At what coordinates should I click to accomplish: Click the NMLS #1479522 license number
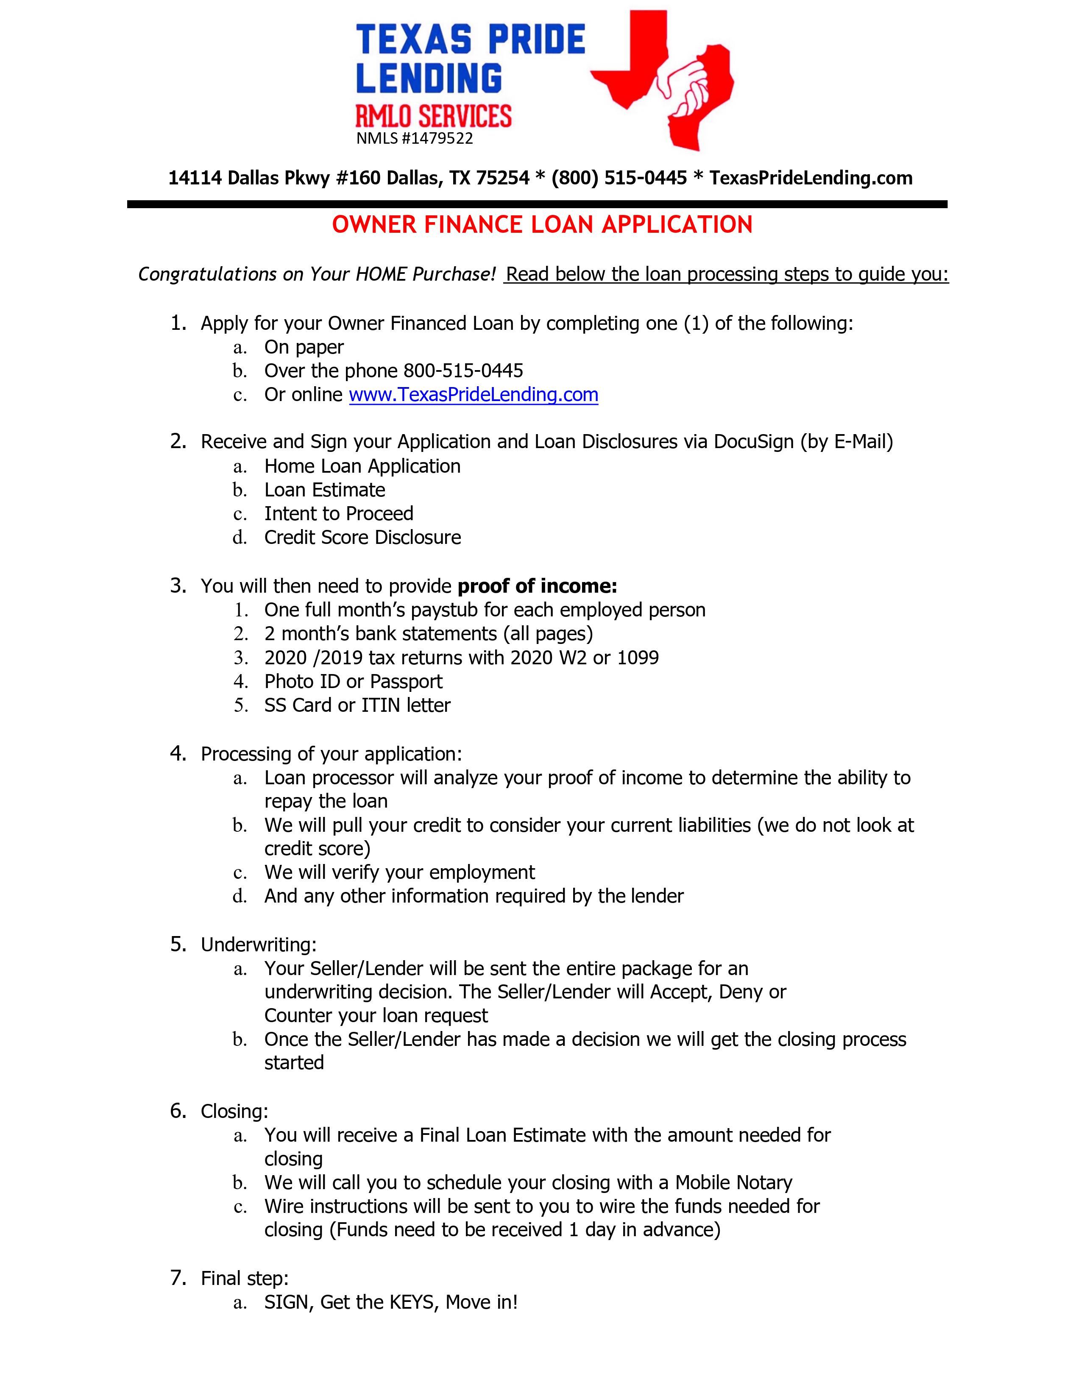click(x=414, y=138)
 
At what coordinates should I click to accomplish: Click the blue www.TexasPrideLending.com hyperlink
click(x=473, y=395)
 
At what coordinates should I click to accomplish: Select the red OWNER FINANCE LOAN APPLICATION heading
click(x=542, y=225)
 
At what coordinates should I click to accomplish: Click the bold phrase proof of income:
click(x=537, y=586)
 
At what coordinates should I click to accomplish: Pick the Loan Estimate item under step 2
click(x=325, y=490)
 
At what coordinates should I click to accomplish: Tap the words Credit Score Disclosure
click(x=362, y=538)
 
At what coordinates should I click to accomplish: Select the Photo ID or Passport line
click(x=353, y=682)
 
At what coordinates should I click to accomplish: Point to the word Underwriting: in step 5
click(x=259, y=945)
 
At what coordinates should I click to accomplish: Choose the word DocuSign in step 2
click(x=754, y=442)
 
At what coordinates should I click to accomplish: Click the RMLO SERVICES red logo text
click(x=434, y=117)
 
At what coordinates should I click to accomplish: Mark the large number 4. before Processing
click(x=178, y=753)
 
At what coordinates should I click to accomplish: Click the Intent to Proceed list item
click(x=339, y=514)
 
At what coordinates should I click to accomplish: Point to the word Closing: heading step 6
click(x=234, y=1112)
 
